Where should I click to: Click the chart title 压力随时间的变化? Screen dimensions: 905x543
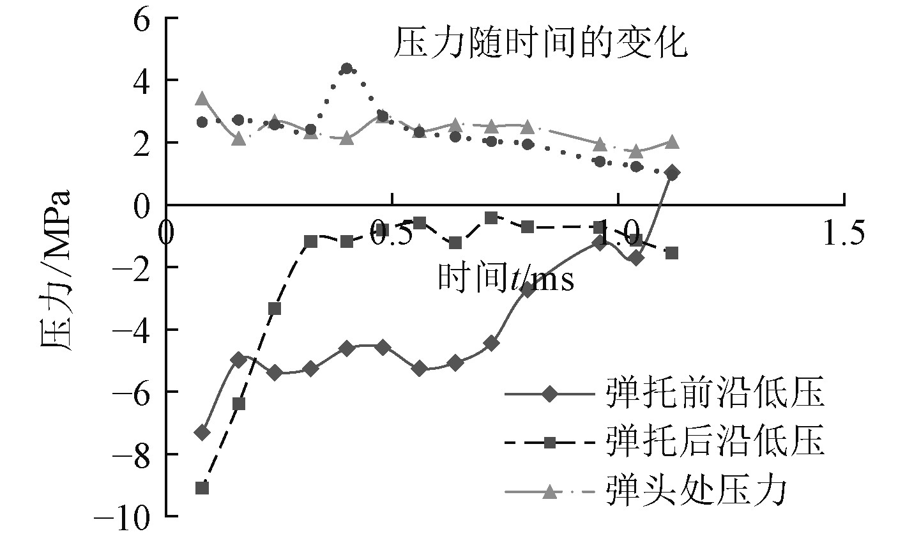click(540, 45)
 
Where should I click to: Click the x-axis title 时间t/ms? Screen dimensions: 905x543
click(505, 279)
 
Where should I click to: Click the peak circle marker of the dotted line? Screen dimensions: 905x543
click(347, 68)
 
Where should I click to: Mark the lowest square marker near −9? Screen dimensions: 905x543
click(202, 488)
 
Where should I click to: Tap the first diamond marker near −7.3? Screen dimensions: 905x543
click(202, 432)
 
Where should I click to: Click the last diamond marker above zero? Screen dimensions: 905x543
click(672, 172)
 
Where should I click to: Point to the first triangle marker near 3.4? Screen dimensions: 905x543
click(202, 98)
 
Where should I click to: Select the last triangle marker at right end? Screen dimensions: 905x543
click(672, 142)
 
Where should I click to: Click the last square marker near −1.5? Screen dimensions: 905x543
click(672, 253)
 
